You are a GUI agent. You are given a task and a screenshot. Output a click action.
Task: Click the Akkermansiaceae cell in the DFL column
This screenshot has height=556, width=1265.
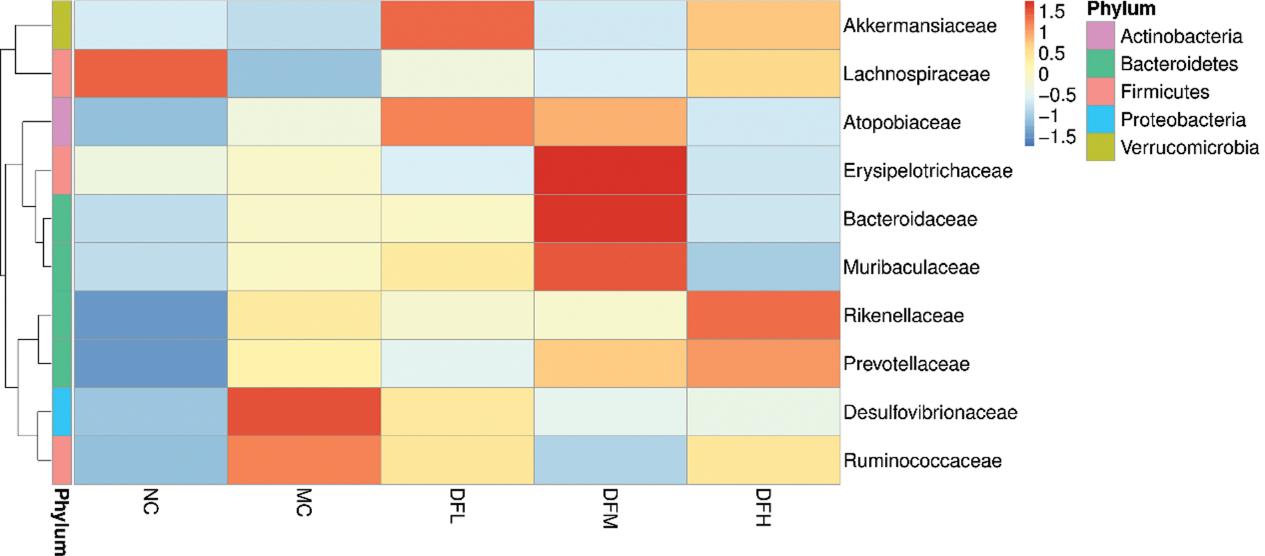(457, 25)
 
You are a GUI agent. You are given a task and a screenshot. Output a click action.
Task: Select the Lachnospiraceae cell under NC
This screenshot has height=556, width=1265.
(151, 73)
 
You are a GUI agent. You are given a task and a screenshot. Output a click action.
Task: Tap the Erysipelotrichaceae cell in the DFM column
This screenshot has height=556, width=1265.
(610, 170)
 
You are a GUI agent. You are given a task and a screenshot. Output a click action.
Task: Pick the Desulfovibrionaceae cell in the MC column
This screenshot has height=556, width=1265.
(304, 412)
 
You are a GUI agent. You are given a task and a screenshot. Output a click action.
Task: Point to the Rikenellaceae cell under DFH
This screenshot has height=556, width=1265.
(763, 315)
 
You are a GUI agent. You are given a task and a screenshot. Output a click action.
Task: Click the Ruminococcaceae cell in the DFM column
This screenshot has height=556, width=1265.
(610, 459)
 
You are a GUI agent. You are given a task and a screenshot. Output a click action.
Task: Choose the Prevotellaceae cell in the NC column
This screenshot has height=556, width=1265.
(151, 364)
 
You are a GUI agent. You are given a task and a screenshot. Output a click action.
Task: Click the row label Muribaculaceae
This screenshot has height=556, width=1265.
(911, 268)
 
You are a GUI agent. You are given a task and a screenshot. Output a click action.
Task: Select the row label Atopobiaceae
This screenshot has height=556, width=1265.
(902, 123)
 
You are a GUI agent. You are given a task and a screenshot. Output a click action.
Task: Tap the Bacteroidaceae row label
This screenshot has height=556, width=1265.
(910, 219)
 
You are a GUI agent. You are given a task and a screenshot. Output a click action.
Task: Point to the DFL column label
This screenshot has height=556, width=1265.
(457, 506)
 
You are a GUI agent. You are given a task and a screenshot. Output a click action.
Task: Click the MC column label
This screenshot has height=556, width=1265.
(303, 503)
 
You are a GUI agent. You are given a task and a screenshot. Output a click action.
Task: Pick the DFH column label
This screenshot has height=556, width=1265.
(763, 507)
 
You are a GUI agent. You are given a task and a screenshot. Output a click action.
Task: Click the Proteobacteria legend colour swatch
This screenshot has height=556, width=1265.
(1100, 119)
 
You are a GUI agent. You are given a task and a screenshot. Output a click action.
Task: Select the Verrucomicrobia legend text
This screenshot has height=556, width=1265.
(1189, 147)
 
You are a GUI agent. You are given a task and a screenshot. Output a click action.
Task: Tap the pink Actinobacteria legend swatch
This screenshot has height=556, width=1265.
(1100, 35)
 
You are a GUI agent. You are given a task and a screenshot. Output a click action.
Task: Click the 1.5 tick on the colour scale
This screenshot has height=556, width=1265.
(1051, 11)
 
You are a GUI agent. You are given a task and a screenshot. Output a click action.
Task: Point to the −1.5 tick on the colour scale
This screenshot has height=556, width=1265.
(1057, 137)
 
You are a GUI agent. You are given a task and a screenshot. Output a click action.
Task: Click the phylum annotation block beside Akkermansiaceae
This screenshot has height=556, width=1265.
(62, 25)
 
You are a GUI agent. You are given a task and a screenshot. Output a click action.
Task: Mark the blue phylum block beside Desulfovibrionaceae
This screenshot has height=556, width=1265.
(62, 412)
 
